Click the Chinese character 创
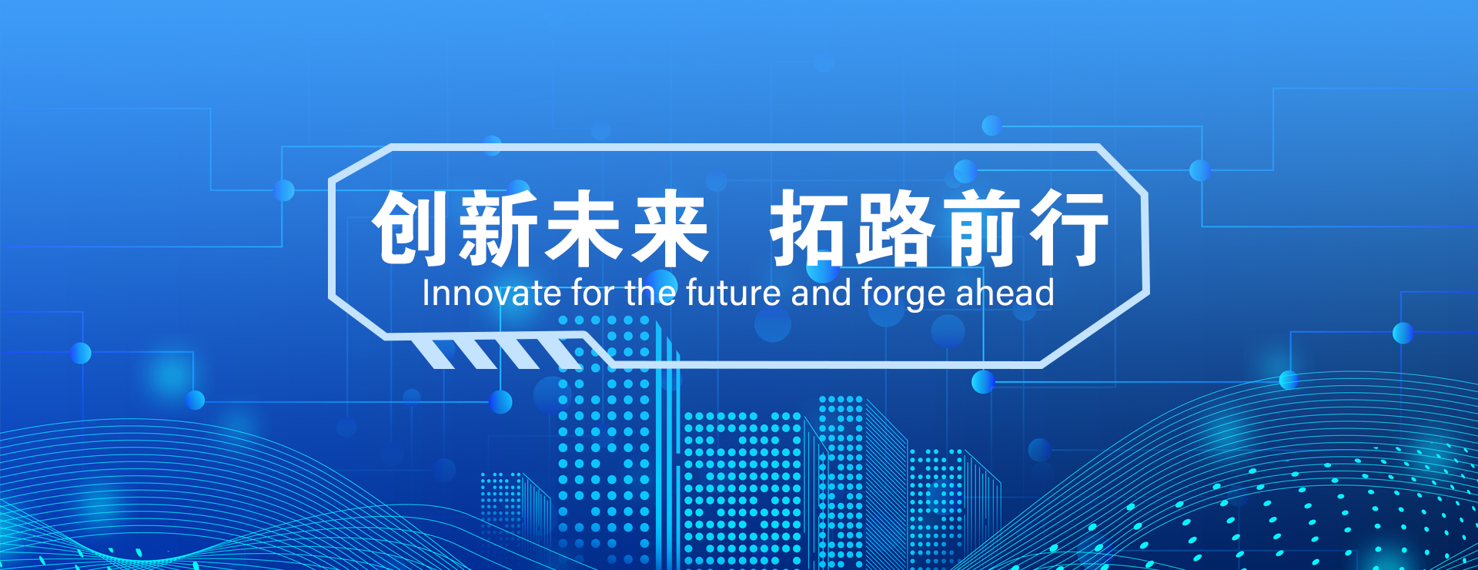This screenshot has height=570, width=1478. (x=411, y=228)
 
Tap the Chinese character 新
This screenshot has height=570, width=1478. (x=498, y=228)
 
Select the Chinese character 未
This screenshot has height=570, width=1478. (x=584, y=228)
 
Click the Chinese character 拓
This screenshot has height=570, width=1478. (x=810, y=228)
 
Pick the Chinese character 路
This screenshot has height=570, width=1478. (x=895, y=228)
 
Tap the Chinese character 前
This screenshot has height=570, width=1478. (x=981, y=228)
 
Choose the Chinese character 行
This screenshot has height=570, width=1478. (x=1068, y=228)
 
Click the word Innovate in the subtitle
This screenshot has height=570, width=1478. (x=492, y=293)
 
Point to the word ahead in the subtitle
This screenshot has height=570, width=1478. (x=1005, y=293)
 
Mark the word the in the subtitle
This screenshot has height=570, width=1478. (x=650, y=293)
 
